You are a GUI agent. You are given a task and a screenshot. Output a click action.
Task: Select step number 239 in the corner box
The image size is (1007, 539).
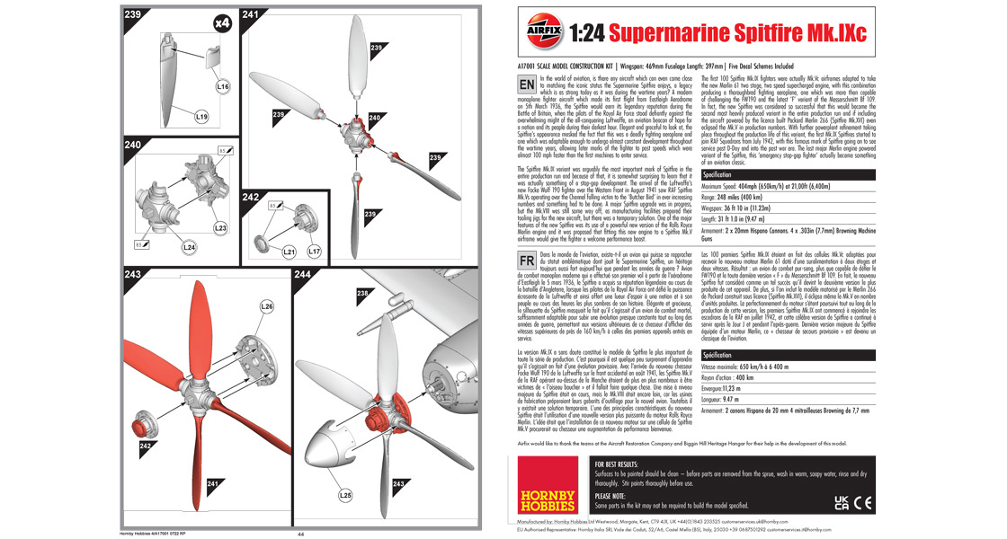pyautogui.click(x=133, y=14)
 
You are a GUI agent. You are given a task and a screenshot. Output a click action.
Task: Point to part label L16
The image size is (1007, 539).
pyautogui.click(x=224, y=87)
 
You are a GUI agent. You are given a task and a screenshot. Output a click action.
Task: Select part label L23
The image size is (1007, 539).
pyautogui.click(x=220, y=228)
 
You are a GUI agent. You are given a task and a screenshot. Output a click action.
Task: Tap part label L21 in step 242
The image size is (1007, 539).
pyautogui.click(x=290, y=252)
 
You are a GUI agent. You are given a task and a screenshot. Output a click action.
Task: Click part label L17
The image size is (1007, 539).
pyautogui.click(x=314, y=252)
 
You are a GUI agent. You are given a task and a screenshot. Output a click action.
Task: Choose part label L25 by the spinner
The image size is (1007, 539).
pyautogui.click(x=344, y=494)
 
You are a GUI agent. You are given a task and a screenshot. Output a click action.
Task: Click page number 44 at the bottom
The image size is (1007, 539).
pyautogui.click(x=301, y=534)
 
